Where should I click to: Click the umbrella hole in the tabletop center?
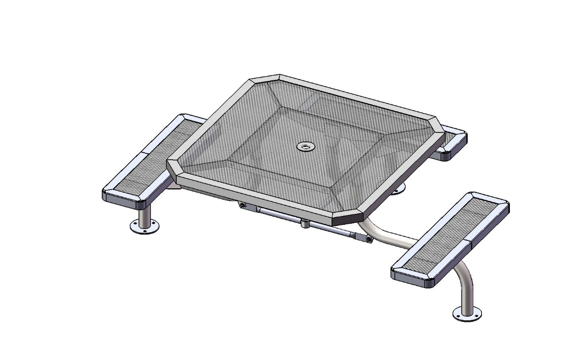304,147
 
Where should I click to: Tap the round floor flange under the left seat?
144,227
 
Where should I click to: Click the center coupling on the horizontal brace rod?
304,223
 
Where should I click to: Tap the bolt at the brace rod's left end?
242,206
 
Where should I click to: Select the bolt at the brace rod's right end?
368,239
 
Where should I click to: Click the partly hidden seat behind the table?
451,142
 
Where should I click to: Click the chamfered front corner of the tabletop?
348,217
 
